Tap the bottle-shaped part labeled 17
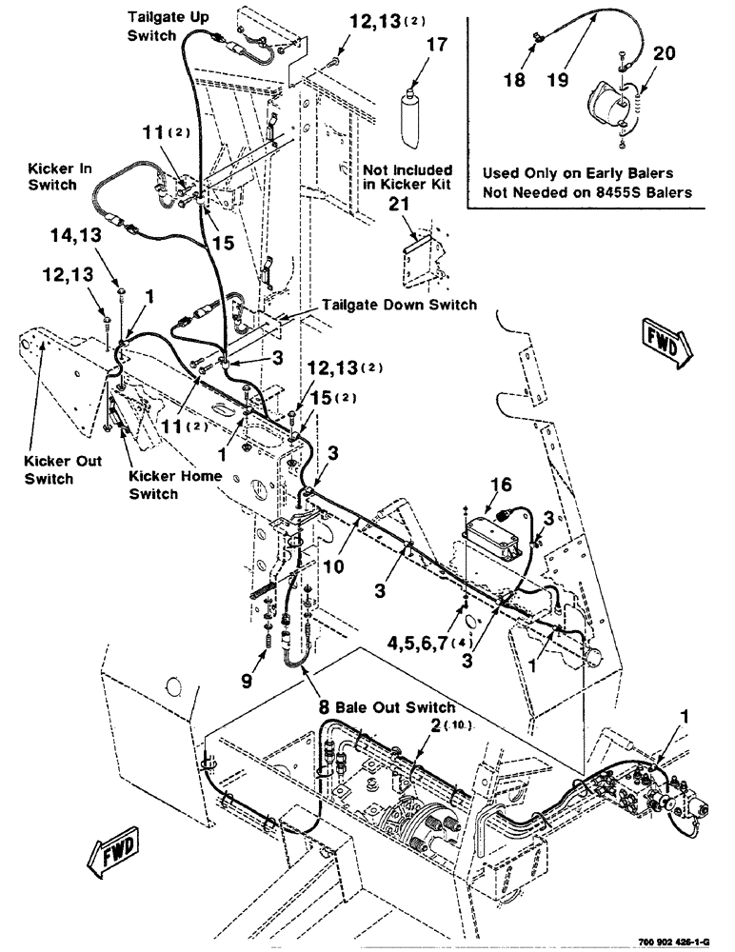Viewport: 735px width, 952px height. coord(411,112)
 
